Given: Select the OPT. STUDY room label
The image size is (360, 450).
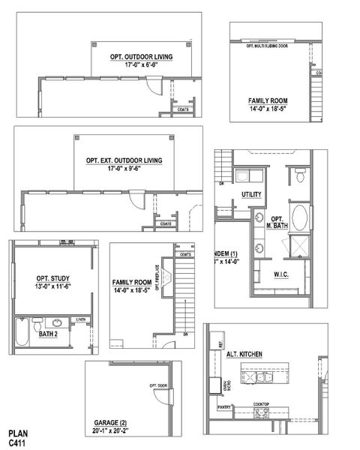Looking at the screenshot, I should [x=52, y=278].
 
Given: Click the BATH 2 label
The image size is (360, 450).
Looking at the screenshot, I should [x=48, y=334].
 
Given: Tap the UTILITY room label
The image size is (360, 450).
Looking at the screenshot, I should [x=250, y=195].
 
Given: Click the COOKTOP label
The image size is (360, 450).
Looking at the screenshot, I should [x=261, y=404].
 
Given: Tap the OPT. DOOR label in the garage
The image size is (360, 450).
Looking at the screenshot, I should [x=158, y=386].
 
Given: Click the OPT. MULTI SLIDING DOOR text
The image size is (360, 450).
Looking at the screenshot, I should [x=268, y=46].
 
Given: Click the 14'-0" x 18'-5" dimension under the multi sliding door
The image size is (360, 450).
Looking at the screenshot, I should [x=268, y=109].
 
